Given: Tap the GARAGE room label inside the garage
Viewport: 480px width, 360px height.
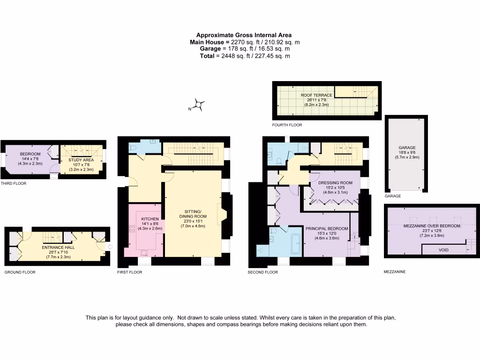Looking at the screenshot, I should point(407,148).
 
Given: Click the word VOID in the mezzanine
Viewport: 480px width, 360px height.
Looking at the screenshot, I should point(443,250).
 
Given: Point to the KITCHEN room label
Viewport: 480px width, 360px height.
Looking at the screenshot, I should point(150,219).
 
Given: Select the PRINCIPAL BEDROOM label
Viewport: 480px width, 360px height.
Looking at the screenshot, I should point(327,228).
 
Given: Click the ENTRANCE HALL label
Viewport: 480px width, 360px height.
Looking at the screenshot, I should point(58,247).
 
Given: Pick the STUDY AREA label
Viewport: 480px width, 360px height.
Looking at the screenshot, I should point(81,160).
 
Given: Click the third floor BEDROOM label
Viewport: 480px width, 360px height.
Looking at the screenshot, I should point(30,154).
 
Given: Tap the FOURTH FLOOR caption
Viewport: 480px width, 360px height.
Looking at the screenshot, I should point(287,125).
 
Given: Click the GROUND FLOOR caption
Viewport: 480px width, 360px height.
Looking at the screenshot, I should point(20,272).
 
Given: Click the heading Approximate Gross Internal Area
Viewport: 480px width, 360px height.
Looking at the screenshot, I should point(244,35).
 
